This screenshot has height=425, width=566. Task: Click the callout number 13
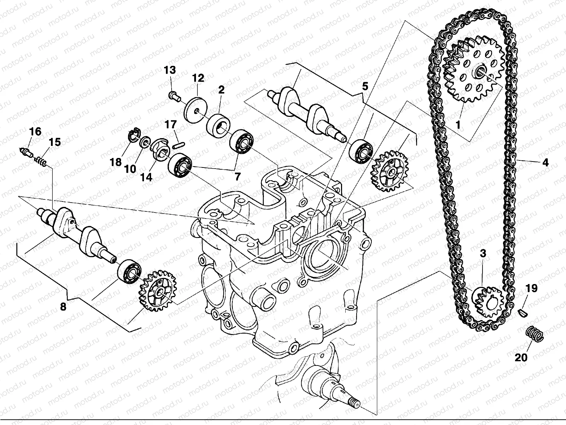[170, 70]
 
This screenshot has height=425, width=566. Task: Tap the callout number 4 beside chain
[545, 163]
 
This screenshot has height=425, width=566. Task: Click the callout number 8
[63, 307]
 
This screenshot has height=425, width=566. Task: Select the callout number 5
[365, 86]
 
